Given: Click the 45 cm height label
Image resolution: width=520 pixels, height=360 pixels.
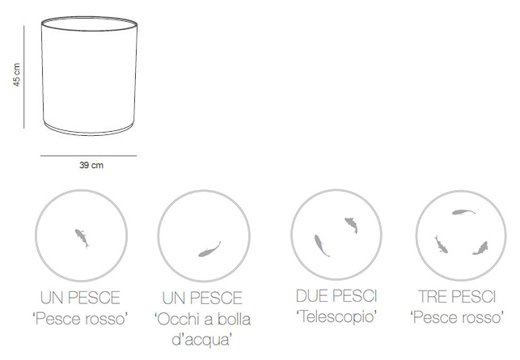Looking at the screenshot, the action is (17, 75).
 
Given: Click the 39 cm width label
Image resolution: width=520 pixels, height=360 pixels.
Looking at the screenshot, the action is (91, 165).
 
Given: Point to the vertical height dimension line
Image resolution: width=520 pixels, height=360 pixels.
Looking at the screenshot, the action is (24, 77).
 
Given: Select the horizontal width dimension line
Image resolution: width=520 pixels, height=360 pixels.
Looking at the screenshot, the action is (88, 155).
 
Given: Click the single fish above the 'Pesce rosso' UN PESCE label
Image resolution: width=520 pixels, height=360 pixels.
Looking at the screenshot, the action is (82, 238).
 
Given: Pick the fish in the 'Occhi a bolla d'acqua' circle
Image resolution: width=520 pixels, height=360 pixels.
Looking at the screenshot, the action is (209, 249).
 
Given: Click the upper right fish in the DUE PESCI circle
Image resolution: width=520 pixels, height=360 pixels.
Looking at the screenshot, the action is (351, 225).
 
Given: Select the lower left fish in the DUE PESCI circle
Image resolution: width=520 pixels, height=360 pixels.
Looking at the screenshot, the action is (321, 246).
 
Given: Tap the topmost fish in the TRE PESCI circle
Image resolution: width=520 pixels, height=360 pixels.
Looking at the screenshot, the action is (463, 212).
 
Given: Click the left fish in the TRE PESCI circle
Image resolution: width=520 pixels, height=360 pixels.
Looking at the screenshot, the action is (441, 244).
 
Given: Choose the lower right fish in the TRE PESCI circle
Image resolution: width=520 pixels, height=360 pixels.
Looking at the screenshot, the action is (480, 248).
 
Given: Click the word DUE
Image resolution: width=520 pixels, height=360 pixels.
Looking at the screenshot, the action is (312, 296).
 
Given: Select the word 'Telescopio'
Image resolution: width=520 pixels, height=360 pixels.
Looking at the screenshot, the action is (336, 317).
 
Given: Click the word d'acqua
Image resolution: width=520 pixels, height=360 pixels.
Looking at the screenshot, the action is (202, 340).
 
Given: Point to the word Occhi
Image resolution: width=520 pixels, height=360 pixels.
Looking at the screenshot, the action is (177, 320).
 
